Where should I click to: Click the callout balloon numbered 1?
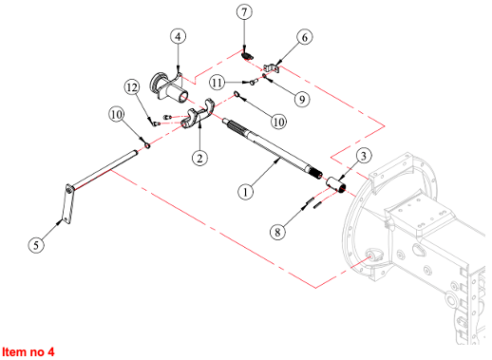(x=245, y=192)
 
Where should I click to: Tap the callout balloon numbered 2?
(x=199, y=158)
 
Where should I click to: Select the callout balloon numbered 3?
(x=364, y=156)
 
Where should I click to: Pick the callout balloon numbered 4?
(x=178, y=36)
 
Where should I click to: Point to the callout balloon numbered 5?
(x=36, y=245)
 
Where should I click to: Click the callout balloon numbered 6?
(x=305, y=37)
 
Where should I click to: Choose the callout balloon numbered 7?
(x=244, y=12)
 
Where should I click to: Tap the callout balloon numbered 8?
(x=277, y=232)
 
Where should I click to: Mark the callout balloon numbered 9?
(x=302, y=100)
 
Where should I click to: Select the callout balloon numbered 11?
(x=218, y=83)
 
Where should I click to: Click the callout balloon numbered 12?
(x=132, y=87)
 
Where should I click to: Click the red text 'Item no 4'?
(x=28, y=351)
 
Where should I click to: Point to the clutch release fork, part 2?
(x=199, y=114)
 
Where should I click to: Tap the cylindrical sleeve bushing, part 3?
(x=337, y=185)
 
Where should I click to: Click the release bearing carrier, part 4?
(x=168, y=86)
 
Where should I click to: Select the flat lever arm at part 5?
(x=69, y=204)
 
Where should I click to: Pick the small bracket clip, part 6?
(x=272, y=68)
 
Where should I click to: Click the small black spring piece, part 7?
(x=247, y=56)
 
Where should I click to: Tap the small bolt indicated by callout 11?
(x=253, y=83)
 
